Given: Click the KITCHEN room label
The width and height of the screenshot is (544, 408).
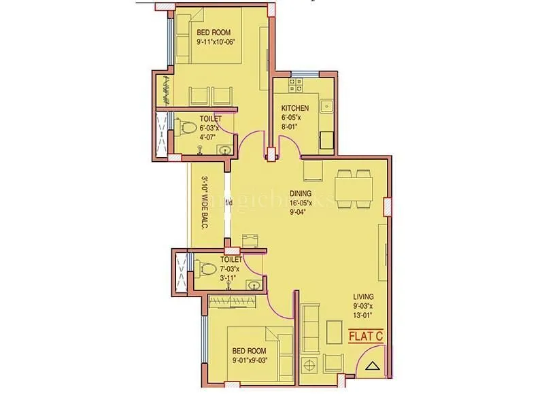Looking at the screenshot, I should point(295,108).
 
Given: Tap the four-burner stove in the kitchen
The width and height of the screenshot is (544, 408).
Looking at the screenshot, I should point(296,86).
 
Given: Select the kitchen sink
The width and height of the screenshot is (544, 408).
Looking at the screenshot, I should point(326,105).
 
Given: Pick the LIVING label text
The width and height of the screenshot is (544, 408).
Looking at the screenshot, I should point(363,296).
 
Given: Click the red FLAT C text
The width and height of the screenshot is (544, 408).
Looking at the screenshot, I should point(366,335).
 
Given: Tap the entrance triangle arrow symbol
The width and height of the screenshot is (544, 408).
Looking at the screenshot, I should point(371,367).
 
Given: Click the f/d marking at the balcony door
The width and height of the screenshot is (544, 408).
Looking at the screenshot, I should point(228,202).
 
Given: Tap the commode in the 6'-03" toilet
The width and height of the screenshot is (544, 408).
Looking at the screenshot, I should point(185,125).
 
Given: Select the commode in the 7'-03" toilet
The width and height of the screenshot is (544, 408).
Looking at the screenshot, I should point(206,267).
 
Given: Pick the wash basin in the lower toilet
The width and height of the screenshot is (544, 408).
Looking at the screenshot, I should point(253,286).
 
